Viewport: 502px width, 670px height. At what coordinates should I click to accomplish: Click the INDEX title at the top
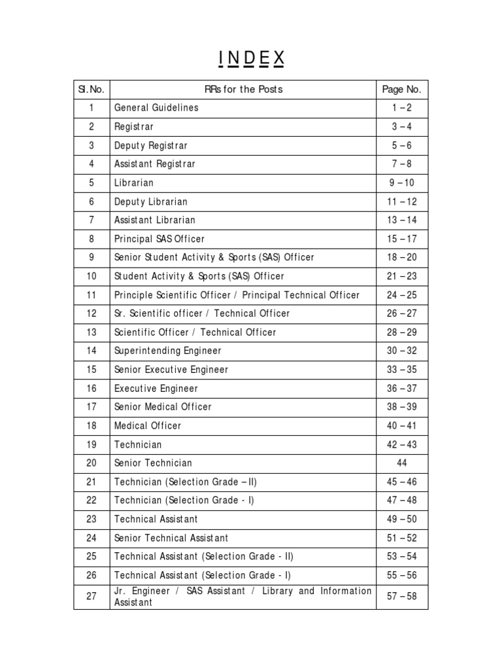pyautogui.click(x=252, y=59)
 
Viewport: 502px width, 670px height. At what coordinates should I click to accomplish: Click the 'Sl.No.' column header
pyautogui.click(x=92, y=89)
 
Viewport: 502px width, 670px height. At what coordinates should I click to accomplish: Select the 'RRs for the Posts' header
pyautogui.click(x=244, y=89)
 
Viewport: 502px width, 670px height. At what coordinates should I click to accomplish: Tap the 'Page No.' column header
pyautogui.click(x=401, y=89)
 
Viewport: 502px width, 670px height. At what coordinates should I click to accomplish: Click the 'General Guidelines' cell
pyautogui.click(x=156, y=107)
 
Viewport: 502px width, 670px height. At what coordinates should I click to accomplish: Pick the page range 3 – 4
pyautogui.click(x=401, y=126)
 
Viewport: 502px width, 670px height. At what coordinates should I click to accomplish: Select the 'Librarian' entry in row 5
pyautogui.click(x=133, y=183)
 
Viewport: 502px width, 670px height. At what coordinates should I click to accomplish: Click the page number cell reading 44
pyautogui.click(x=401, y=463)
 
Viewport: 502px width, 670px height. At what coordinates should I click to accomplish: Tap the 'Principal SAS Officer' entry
pyautogui.click(x=159, y=239)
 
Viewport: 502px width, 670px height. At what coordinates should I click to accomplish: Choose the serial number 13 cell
pyautogui.click(x=92, y=332)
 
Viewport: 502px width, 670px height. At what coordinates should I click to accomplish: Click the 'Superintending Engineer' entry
pyautogui.click(x=168, y=351)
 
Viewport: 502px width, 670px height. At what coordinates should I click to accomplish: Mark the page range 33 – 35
pyautogui.click(x=401, y=370)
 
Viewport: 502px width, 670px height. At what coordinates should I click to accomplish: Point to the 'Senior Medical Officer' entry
pyautogui.click(x=163, y=407)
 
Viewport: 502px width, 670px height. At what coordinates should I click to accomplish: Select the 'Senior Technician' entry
pyautogui.click(x=153, y=463)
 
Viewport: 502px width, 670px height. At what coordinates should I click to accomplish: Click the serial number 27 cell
pyautogui.click(x=92, y=596)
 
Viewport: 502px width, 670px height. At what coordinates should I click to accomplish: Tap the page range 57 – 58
pyautogui.click(x=401, y=596)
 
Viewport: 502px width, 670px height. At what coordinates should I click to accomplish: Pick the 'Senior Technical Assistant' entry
pyautogui.click(x=171, y=538)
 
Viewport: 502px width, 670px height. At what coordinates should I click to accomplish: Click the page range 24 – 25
pyautogui.click(x=401, y=295)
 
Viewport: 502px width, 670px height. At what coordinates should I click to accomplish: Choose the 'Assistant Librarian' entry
pyautogui.click(x=154, y=220)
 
